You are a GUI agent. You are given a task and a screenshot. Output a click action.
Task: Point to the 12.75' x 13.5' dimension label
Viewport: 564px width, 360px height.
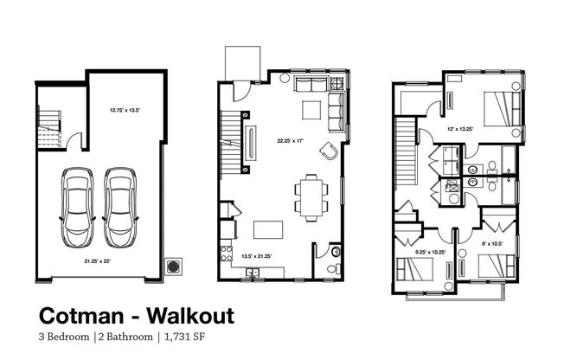pyautogui.click(x=125, y=110)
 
